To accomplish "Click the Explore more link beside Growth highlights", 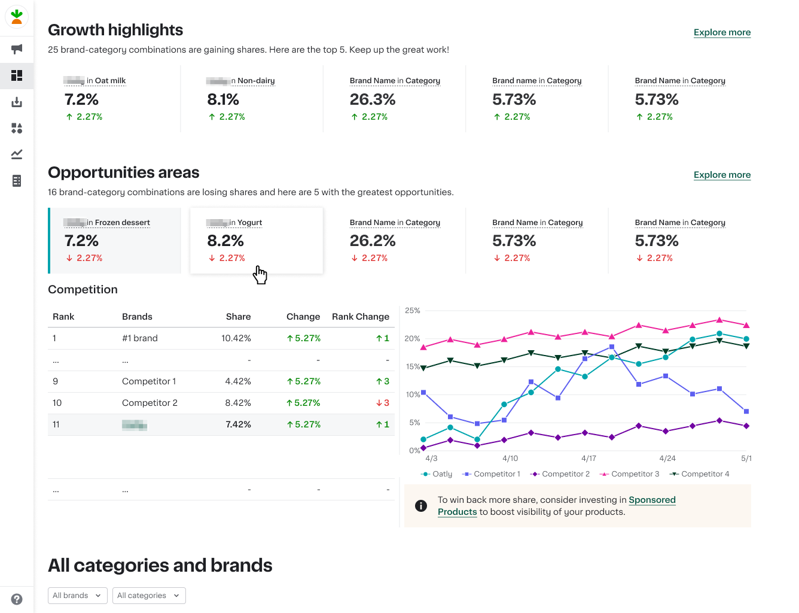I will click(722, 32).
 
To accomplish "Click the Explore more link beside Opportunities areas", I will click(722, 175).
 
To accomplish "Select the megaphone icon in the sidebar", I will click(17, 49).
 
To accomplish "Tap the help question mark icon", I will click(17, 599).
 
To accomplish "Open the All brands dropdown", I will click(78, 596).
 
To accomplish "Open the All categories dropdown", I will click(149, 596).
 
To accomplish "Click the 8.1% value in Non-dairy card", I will click(223, 99).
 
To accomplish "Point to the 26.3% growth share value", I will click(373, 99).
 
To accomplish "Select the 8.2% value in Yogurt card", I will click(225, 241).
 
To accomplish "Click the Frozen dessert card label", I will click(122, 223).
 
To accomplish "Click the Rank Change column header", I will click(360, 317).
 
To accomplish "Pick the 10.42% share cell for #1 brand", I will click(236, 338).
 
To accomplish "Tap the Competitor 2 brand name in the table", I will click(150, 403).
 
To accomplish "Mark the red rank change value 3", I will click(383, 403).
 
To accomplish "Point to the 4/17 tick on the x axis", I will click(588, 459).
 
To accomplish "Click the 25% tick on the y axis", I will click(413, 311).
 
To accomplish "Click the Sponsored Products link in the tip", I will click(652, 500).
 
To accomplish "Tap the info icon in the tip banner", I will click(421, 506).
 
